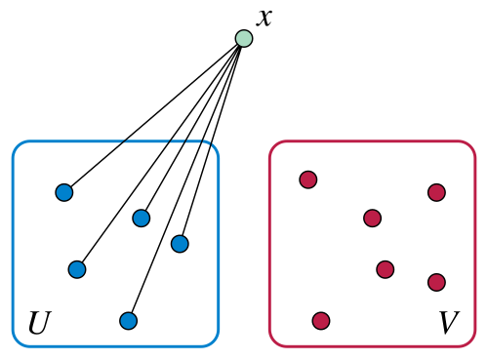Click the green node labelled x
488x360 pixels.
[244, 38]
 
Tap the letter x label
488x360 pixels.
[264, 18]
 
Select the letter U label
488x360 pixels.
[40, 322]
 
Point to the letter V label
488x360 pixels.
[449, 322]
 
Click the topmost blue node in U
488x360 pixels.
[64, 192]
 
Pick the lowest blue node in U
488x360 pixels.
[129, 321]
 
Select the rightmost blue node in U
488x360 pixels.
[180, 244]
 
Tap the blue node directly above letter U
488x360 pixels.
[77, 269]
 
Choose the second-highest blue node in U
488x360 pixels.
[142, 218]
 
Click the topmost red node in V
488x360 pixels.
[308, 180]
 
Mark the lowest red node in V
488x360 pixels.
[321, 321]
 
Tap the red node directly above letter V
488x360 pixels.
[436, 282]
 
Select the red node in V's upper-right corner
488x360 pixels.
[436, 192]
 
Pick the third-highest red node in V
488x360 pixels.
[373, 218]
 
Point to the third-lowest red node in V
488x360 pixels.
[386, 269]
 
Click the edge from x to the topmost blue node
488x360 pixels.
[153, 115]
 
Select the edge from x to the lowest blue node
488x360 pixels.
[186, 180]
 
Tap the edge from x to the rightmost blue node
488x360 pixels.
[212, 140]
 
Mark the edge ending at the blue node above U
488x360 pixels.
[160, 154]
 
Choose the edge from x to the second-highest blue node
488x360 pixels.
[192, 128]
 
